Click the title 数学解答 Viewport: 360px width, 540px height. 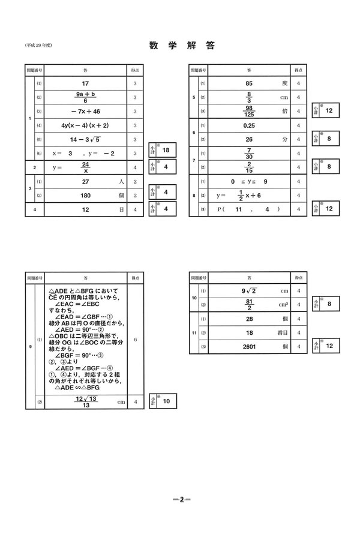click(180, 46)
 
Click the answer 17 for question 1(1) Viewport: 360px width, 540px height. click(85, 84)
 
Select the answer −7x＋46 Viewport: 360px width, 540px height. click(85, 112)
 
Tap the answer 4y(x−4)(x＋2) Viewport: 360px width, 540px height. click(85, 125)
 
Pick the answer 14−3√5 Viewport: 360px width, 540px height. click(85, 139)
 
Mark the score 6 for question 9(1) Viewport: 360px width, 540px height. click(135, 340)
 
